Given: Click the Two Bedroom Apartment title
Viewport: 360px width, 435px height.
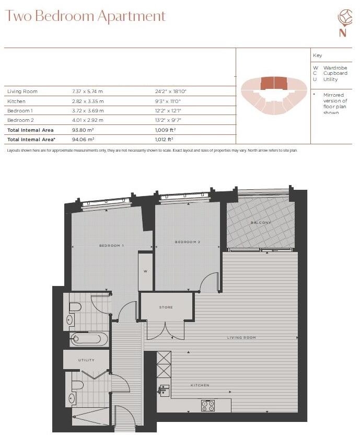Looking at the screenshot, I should pos(85,16).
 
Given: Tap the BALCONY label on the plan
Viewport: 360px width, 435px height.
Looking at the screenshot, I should pos(260,223).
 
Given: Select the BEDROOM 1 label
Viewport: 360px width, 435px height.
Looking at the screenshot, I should pos(111,245).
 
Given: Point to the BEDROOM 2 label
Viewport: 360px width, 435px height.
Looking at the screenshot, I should pos(188,242).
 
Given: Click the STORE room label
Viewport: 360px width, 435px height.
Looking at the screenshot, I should pos(166,307).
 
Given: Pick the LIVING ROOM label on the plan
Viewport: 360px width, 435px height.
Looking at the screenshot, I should pos(241,338).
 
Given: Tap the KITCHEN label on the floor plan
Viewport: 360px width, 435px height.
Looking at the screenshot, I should pos(200,385).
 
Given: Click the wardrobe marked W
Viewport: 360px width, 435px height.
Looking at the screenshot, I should pos(146,271).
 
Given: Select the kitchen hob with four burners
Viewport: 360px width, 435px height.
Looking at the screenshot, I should pos(208,405).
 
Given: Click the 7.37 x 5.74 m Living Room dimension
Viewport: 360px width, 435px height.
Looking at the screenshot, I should pos(88,91).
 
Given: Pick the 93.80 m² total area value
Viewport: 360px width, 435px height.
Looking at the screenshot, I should pos(83,130).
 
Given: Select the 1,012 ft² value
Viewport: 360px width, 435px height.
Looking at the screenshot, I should pos(164,140).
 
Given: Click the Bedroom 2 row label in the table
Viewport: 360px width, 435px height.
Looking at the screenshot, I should pos(20,120).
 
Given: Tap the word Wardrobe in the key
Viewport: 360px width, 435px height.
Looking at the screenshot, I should pos(335,68).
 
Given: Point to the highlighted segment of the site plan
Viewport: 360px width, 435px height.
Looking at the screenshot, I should pos(274,83).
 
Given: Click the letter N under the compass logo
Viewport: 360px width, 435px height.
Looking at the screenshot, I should pos(343,33).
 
